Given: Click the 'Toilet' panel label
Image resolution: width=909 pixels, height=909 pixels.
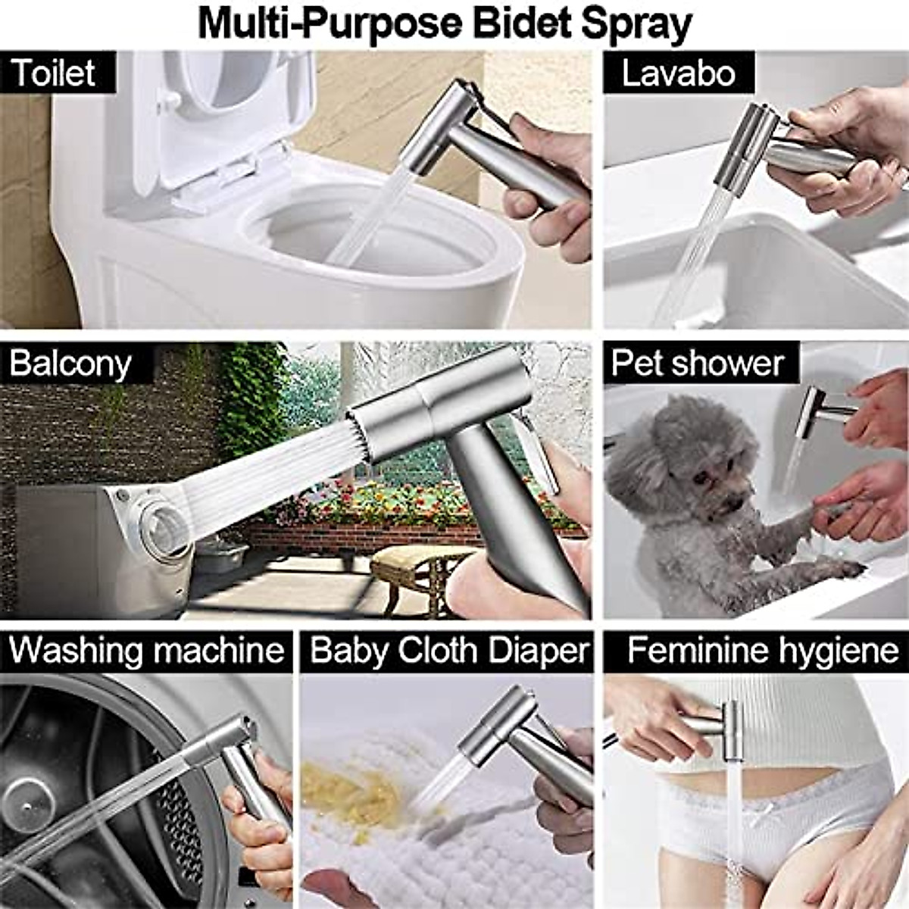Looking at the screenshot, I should (53, 73).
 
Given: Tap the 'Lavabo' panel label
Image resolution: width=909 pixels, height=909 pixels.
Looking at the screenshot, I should (678, 73).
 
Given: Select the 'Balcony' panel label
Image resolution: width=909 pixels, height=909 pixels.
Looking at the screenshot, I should (70, 363).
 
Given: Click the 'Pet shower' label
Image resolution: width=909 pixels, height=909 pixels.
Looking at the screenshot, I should (697, 363).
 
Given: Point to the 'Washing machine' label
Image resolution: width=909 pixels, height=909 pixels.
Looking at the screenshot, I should (146, 651).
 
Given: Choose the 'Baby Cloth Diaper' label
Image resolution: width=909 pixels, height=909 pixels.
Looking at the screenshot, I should (449, 651).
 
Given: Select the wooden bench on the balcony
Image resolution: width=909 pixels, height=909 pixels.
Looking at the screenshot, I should (413, 564).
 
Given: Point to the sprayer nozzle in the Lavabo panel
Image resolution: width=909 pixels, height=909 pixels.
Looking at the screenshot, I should (739, 148).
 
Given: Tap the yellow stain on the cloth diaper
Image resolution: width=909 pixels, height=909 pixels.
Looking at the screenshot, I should (341, 788).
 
